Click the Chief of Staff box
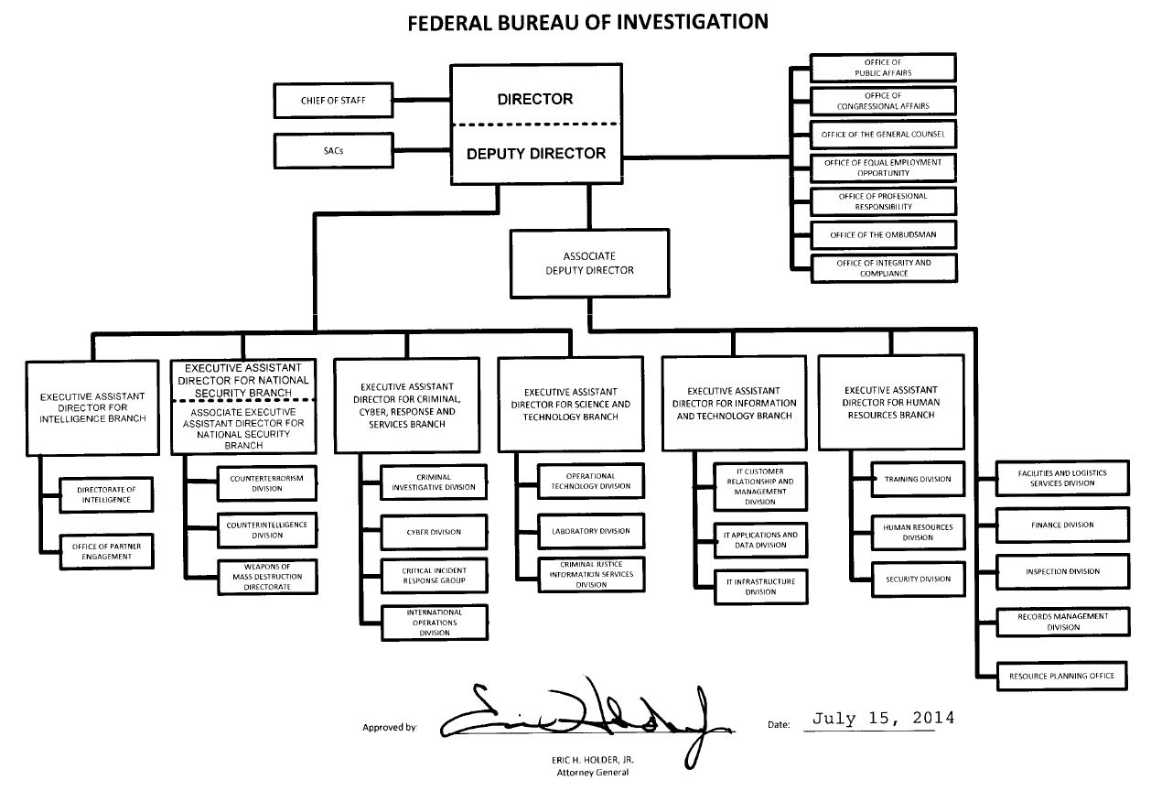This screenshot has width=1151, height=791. click(x=332, y=100)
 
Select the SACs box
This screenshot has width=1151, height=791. click(x=332, y=150)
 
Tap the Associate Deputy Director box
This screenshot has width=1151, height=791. click(x=589, y=264)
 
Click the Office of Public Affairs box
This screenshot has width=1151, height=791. click(x=883, y=67)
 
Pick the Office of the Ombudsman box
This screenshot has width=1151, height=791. click(x=883, y=234)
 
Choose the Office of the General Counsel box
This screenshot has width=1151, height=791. click(x=883, y=134)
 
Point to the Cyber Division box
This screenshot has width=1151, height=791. click(x=433, y=532)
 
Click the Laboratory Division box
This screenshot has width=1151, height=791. click(x=590, y=531)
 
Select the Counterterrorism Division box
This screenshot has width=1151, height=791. click(x=266, y=482)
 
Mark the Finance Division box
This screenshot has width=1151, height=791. click(x=1061, y=526)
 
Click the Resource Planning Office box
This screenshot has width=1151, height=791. click(x=1061, y=676)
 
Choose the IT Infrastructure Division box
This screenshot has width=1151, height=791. click(x=760, y=586)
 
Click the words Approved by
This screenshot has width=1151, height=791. click(x=389, y=728)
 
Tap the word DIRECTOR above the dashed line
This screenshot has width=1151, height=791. click(x=535, y=99)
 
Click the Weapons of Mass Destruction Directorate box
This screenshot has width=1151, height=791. click(x=266, y=577)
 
